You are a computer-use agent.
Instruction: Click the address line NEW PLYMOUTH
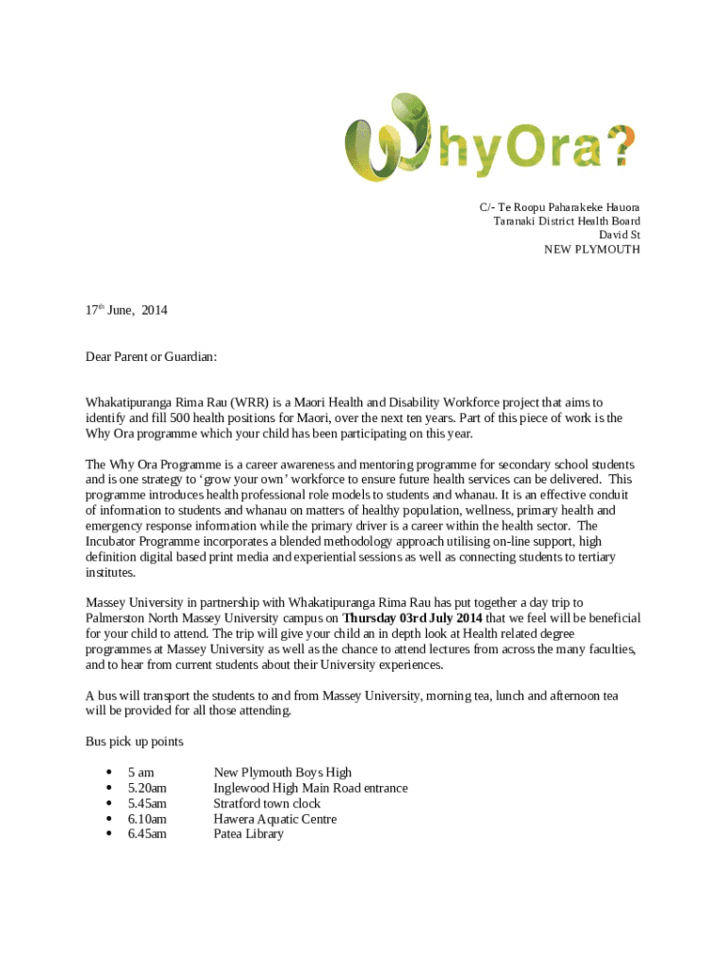click(591, 250)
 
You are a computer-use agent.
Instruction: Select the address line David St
click(619, 236)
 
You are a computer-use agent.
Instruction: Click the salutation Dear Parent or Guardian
click(151, 357)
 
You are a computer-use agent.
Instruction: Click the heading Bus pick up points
click(134, 742)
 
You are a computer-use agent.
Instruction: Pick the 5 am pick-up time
click(141, 773)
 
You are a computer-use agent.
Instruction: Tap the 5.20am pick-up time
click(147, 788)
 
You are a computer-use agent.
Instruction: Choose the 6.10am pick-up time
click(147, 819)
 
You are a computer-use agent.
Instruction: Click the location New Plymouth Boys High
click(282, 773)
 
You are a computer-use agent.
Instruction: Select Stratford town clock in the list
click(267, 804)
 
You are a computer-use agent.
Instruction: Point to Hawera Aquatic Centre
click(274, 819)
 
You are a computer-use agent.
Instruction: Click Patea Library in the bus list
click(248, 834)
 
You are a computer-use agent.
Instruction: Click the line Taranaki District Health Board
click(567, 221)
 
